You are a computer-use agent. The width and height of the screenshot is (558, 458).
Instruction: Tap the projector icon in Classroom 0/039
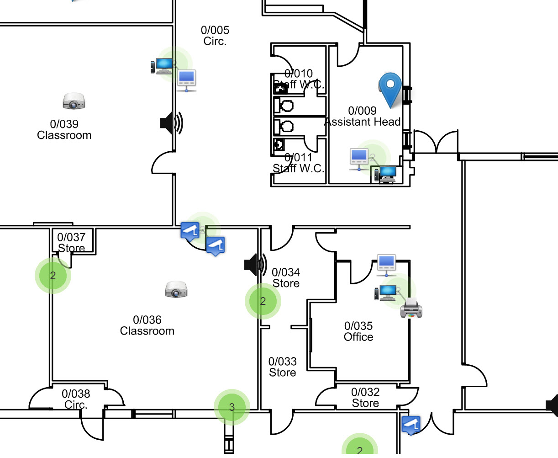[x=73, y=101]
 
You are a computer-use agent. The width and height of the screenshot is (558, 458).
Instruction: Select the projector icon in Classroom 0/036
[x=176, y=290]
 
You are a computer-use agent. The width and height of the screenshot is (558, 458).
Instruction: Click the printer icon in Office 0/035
[x=411, y=308]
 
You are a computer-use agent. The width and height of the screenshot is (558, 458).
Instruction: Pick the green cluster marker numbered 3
[x=232, y=407]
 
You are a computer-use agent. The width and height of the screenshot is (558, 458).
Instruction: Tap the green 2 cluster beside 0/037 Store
[x=53, y=276]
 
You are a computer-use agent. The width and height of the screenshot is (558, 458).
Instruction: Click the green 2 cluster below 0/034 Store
[x=263, y=301]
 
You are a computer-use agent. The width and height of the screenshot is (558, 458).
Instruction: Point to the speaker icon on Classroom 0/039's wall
[x=171, y=123]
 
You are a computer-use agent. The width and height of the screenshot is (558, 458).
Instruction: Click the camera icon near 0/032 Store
[x=411, y=425]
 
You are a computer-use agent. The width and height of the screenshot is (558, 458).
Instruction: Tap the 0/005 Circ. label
[x=215, y=36]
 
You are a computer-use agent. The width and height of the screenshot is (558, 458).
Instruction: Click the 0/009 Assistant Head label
[x=363, y=117]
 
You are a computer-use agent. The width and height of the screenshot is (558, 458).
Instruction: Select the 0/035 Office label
[x=358, y=331]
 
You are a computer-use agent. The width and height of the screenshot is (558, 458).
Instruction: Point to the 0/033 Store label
[x=282, y=367]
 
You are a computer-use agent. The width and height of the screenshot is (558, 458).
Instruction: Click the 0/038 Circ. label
[x=76, y=399]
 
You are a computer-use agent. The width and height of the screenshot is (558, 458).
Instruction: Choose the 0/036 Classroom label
[x=147, y=325]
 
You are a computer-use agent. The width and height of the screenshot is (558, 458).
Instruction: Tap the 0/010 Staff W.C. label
[x=299, y=79]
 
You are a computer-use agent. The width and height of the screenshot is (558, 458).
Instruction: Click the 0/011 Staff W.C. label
[x=299, y=163]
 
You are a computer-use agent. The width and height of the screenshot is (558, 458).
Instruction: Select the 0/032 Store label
[x=365, y=398]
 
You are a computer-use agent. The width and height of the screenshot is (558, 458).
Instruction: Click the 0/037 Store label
[x=71, y=242]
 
